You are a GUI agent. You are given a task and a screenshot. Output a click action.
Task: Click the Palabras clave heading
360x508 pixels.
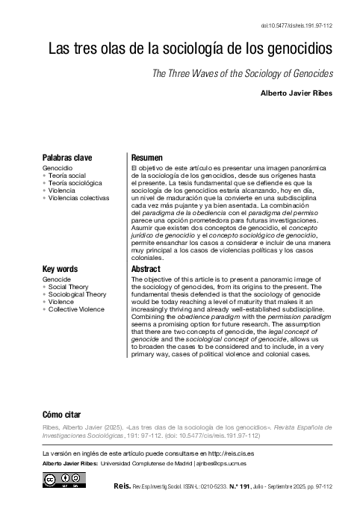click(x=67, y=158)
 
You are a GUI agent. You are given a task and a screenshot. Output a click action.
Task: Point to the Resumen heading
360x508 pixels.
click(x=147, y=158)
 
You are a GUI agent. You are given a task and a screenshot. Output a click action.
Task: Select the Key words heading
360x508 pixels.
click(x=61, y=269)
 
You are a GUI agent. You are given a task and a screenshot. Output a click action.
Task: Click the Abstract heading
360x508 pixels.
click(x=146, y=269)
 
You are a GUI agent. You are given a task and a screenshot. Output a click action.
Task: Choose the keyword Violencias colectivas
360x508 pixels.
click(x=78, y=198)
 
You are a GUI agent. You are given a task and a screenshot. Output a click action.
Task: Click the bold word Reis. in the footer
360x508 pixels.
click(x=122, y=485)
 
